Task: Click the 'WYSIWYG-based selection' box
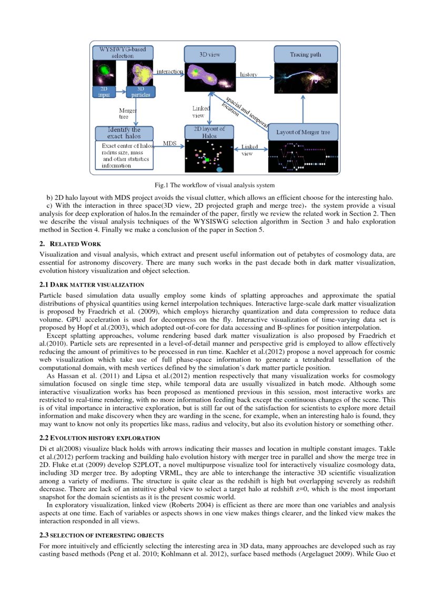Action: click(123, 53)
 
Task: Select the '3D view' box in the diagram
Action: click(209, 54)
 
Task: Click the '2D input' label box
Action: click(104, 92)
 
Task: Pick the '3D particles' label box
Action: click(140, 92)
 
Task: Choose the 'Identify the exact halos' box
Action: click(124, 133)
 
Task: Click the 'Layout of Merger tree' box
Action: click(303, 132)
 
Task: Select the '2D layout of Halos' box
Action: click(209, 132)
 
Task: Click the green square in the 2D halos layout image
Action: click(207, 159)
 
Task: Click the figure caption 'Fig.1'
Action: click(160, 185)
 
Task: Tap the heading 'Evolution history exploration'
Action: click(100, 438)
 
